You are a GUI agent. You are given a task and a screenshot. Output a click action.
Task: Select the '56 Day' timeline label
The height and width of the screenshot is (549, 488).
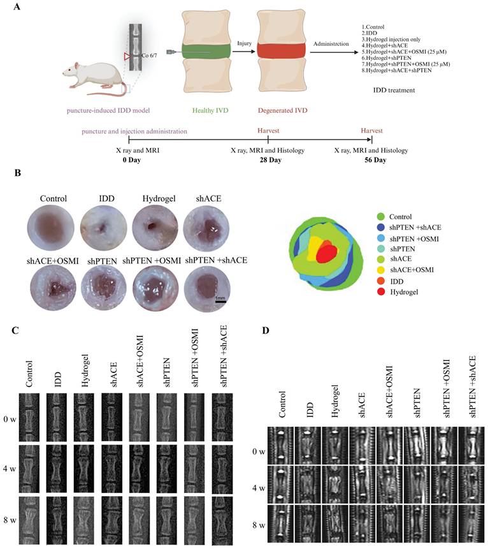[371, 159]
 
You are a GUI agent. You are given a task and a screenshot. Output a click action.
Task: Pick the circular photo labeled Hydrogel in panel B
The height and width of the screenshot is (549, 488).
[154, 223]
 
